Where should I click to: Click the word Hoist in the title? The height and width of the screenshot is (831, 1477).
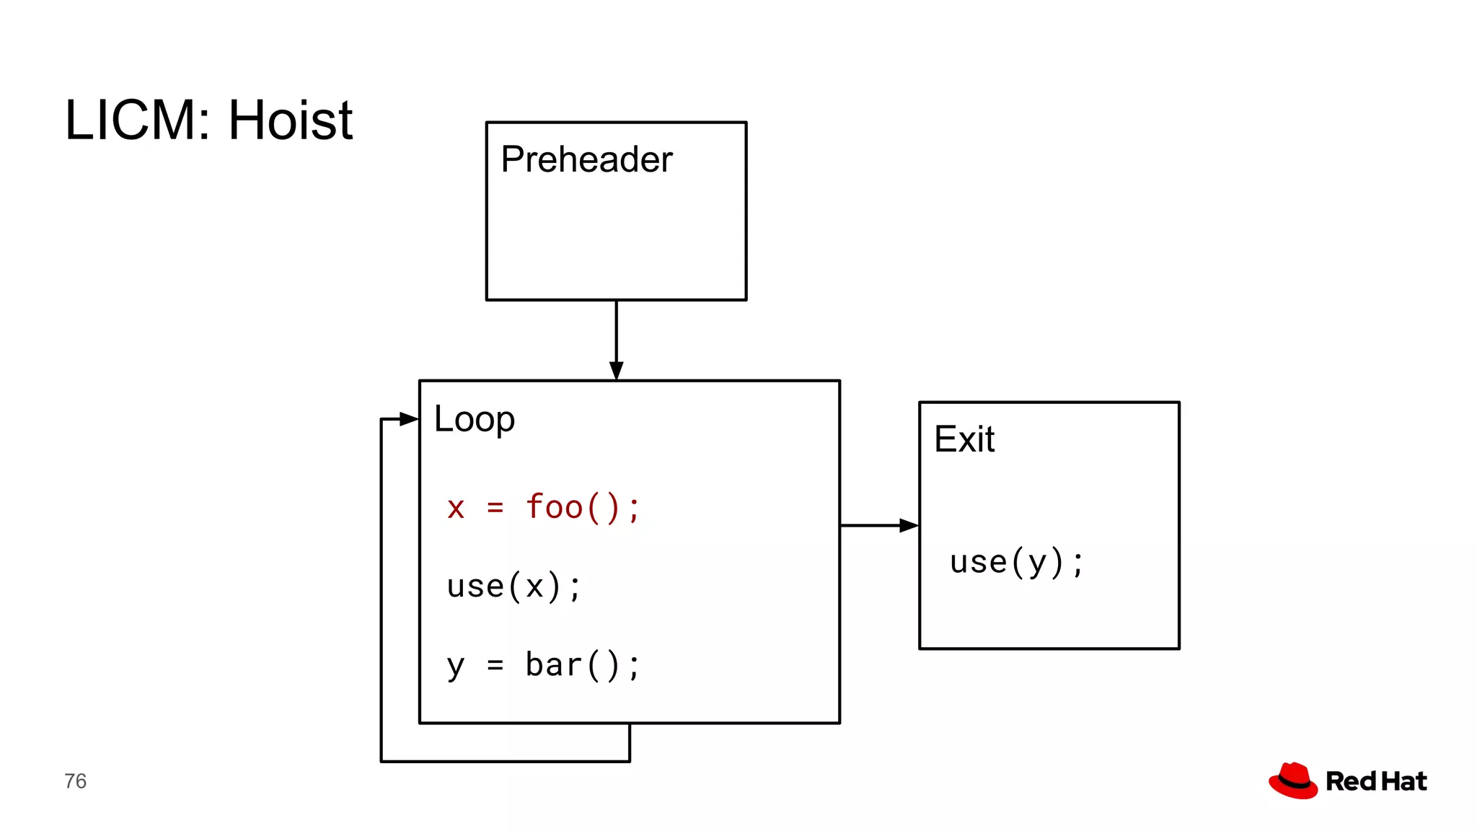tap(290, 120)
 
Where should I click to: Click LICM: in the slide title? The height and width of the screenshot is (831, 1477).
tap(137, 120)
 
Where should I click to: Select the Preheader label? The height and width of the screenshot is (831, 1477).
tap(586, 159)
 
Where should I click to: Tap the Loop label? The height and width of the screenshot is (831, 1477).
tap(474, 419)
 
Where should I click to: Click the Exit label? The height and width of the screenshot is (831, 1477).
tap(964, 439)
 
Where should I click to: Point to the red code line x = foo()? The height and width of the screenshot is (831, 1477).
tap(543, 507)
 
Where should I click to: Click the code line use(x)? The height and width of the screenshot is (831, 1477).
tap(513, 586)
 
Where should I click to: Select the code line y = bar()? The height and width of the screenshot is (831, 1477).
tap(543, 664)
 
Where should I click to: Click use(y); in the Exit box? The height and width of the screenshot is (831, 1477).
tap(1016, 562)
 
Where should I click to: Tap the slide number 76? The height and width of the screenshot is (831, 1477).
tap(75, 781)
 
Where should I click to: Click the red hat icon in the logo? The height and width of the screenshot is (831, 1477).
tap(1293, 781)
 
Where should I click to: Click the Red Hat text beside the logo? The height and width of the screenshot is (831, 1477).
tap(1376, 781)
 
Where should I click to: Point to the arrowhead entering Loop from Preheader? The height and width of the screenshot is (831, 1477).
tap(616, 371)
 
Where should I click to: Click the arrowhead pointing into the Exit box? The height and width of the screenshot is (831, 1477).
tap(909, 526)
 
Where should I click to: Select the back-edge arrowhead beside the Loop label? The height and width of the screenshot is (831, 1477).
tap(409, 419)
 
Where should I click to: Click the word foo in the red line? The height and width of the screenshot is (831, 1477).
tap(554, 507)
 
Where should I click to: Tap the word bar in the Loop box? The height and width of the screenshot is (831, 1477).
tap(554, 664)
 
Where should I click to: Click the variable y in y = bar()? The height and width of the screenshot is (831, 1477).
tap(455, 666)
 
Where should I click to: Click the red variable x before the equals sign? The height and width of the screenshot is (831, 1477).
tap(455, 509)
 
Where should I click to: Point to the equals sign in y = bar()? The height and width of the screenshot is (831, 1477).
tap(495, 664)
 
